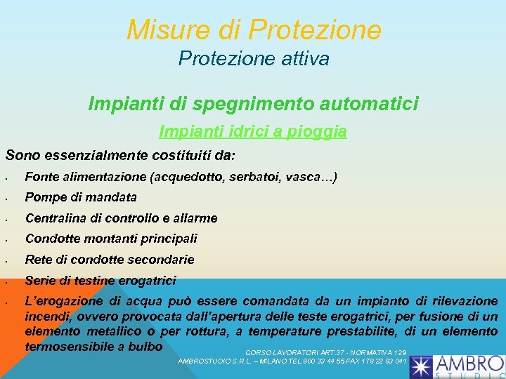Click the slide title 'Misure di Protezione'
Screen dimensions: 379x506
254,29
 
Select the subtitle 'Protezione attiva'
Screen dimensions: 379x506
254,59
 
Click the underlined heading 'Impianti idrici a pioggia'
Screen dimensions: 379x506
253,131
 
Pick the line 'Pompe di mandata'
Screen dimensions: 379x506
81,197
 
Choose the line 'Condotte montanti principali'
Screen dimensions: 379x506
111,239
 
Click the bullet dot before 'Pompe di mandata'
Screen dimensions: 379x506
6,199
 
